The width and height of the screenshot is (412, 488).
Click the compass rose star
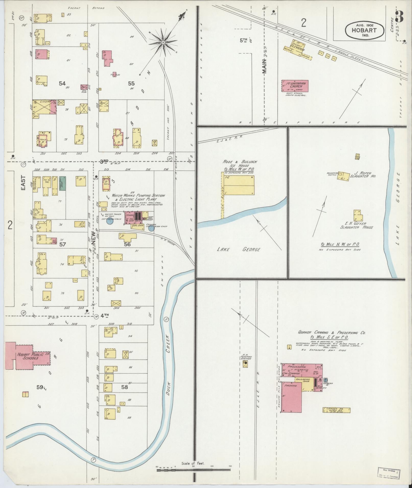pos(163,42)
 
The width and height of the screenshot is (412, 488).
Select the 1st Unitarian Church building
pos(295,86)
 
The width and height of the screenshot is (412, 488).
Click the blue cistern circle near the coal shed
pos(151,228)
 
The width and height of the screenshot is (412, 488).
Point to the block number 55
pos(131,83)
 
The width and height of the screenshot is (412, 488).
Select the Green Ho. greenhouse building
pos(336,410)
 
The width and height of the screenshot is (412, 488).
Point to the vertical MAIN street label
pos(264,66)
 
